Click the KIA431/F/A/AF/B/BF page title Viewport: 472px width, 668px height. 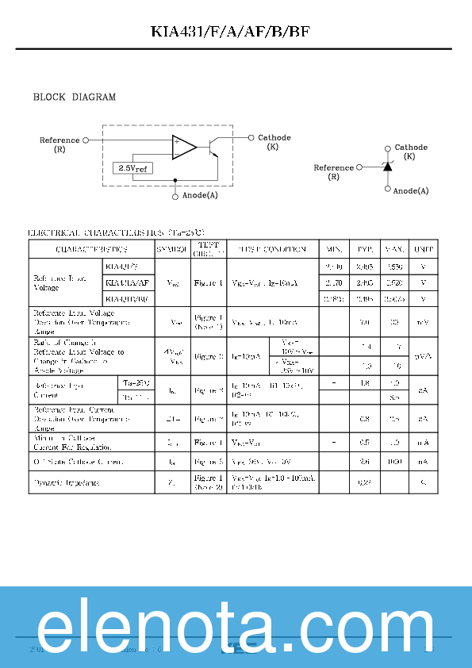point(236,33)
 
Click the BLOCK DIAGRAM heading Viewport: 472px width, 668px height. point(74,98)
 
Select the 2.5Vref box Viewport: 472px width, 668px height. point(132,168)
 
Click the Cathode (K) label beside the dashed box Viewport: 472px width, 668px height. point(274,142)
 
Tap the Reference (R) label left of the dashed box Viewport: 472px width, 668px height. point(59,144)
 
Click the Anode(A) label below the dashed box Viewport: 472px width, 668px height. point(200,195)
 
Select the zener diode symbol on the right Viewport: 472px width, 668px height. point(387,167)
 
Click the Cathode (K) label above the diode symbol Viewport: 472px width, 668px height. point(410,152)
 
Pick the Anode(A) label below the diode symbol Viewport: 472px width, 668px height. point(411,190)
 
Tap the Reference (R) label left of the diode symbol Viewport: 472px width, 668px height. point(333,171)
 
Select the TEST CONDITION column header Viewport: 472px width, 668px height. point(272,249)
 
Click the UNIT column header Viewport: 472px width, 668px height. point(424,249)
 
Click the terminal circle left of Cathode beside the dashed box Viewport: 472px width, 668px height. point(251,136)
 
